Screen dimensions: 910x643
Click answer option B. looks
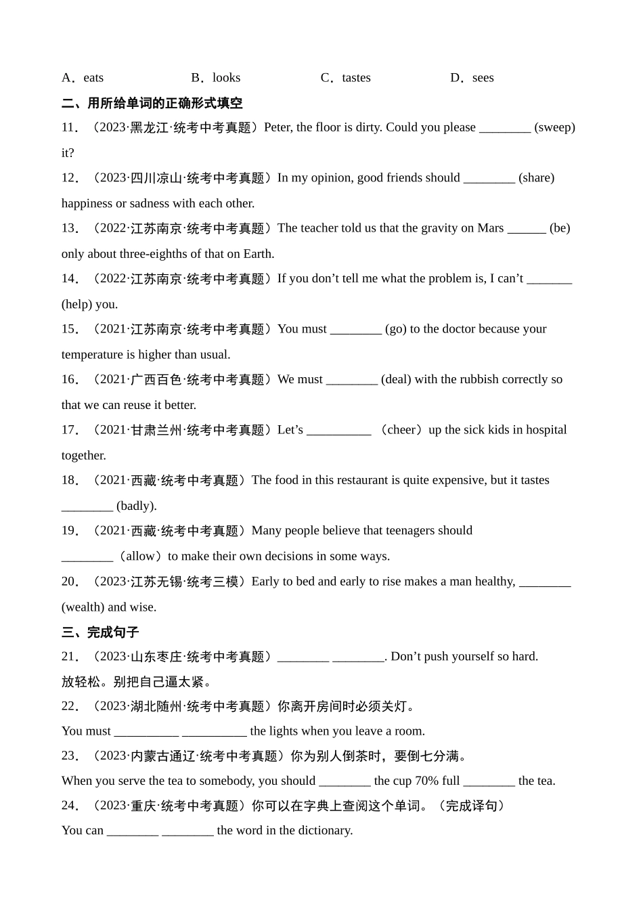coord(216,78)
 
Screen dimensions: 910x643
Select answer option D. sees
coord(472,78)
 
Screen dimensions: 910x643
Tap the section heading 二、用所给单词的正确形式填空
coord(152,103)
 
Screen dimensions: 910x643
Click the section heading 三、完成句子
coord(100,632)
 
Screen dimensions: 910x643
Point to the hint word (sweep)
coord(554,127)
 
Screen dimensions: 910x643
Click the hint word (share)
coord(536,177)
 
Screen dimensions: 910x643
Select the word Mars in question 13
coord(490,228)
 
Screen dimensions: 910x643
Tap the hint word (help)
coord(76,304)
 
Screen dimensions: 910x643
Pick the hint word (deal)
coord(396,379)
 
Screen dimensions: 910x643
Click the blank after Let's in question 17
coord(338,430)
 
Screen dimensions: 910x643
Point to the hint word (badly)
coord(137,506)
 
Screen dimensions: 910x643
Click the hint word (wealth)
coord(83,607)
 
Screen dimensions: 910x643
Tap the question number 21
coord(70,656)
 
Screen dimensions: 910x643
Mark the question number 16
coord(70,379)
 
